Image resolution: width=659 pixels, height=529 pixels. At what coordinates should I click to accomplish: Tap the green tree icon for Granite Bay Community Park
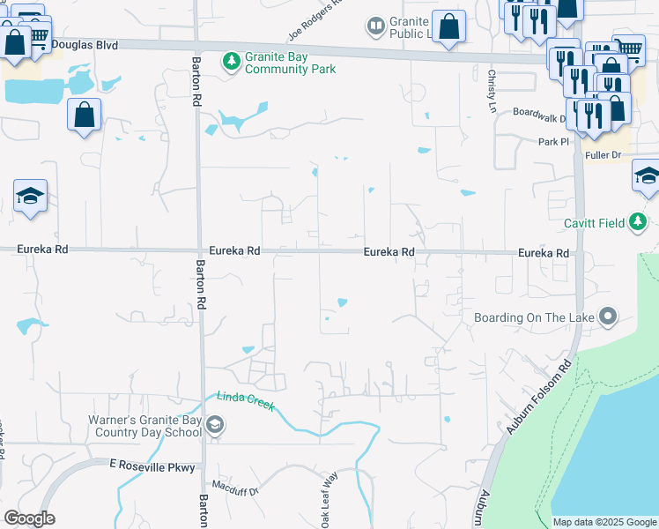tap(232, 62)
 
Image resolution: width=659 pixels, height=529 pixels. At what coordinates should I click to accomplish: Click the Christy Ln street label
tap(492, 89)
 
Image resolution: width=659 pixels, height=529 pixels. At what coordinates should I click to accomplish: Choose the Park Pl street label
tap(554, 141)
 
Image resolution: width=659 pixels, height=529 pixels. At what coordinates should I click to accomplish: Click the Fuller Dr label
tap(603, 155)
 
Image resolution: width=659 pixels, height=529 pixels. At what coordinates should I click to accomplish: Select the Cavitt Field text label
tap(595, 222)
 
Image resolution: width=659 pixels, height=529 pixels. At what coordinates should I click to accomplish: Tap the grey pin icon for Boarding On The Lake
tap(606, 317)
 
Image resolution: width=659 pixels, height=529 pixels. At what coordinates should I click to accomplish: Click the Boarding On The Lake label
tap(534, 317)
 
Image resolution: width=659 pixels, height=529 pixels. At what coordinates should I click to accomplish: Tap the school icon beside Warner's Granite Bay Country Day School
tap(214, 427)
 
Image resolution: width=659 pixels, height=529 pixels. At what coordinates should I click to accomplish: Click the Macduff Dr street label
tap(234, 486)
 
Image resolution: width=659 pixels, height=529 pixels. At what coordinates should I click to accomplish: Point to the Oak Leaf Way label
tap(329, 500)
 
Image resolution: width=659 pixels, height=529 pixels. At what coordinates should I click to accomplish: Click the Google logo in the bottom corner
tap(29, 518)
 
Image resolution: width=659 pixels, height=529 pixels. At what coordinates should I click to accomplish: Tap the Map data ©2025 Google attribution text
tap(603, 522)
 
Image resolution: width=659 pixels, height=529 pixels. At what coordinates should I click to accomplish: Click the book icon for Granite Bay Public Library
tap(376, 26)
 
